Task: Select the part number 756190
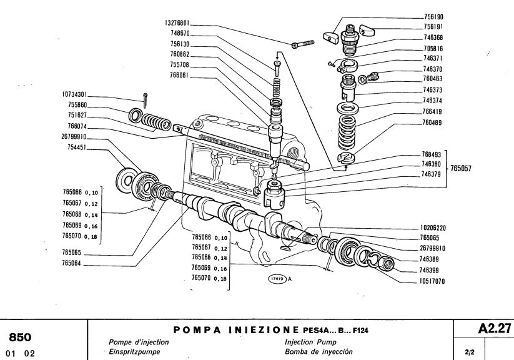coord(433,17)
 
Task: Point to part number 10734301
coord(74,95)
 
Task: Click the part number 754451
coord(74,147)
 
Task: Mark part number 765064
coord(74,264)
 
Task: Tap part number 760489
coord(433,122)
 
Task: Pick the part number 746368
coord(433,37)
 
